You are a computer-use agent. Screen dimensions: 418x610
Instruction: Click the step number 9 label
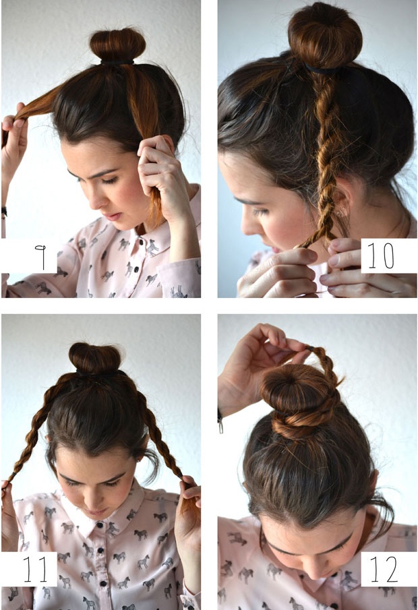(x=40, y=257)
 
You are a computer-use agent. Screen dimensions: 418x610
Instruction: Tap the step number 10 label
(x=381, y=255)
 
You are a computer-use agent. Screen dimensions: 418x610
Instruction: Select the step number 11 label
(x=34, y=569)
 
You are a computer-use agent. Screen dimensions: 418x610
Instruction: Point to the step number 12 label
(x=384, y=569)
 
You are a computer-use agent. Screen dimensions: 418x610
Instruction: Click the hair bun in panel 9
(x=117, y=45)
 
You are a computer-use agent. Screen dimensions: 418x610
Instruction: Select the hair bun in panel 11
(x=95, y=358)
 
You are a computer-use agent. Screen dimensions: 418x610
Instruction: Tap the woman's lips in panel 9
(x=113, y=216)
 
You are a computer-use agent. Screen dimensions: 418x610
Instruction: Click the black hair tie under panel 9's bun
(x=117, y=62)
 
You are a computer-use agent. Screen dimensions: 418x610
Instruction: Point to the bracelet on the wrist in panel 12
(x=220, y=422)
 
